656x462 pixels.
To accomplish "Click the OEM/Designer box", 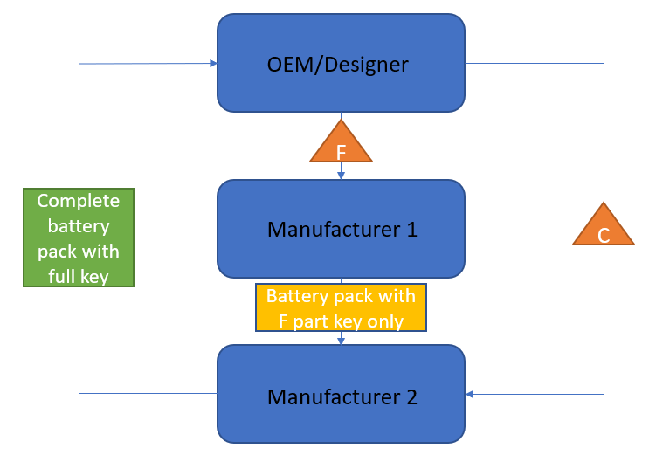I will [x=341, y=63].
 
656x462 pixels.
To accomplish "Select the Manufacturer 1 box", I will [x=341, y=229].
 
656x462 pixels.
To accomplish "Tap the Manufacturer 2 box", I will [x=341, y=394].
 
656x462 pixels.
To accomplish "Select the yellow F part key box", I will [x=341, y=307].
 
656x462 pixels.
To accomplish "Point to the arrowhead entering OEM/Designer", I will [x=212, y=63].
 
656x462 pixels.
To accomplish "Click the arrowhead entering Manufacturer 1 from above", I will [x=341, y=176].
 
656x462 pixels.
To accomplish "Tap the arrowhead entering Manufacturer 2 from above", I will [x=341, y=341].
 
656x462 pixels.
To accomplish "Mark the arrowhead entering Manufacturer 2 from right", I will [x=470, y=394].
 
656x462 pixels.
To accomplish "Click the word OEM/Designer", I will [x=337, y=64].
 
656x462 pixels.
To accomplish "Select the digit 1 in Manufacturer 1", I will [x=411, y=230].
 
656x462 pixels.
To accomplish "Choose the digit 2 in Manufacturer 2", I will [x=411, y=396].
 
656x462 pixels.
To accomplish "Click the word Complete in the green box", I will [x=79, y=201].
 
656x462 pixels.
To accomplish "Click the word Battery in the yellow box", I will [x=293, y=295].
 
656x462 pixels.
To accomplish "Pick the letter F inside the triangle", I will [x=342, y=152].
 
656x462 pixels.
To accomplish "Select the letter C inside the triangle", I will [x=604, y=235].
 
